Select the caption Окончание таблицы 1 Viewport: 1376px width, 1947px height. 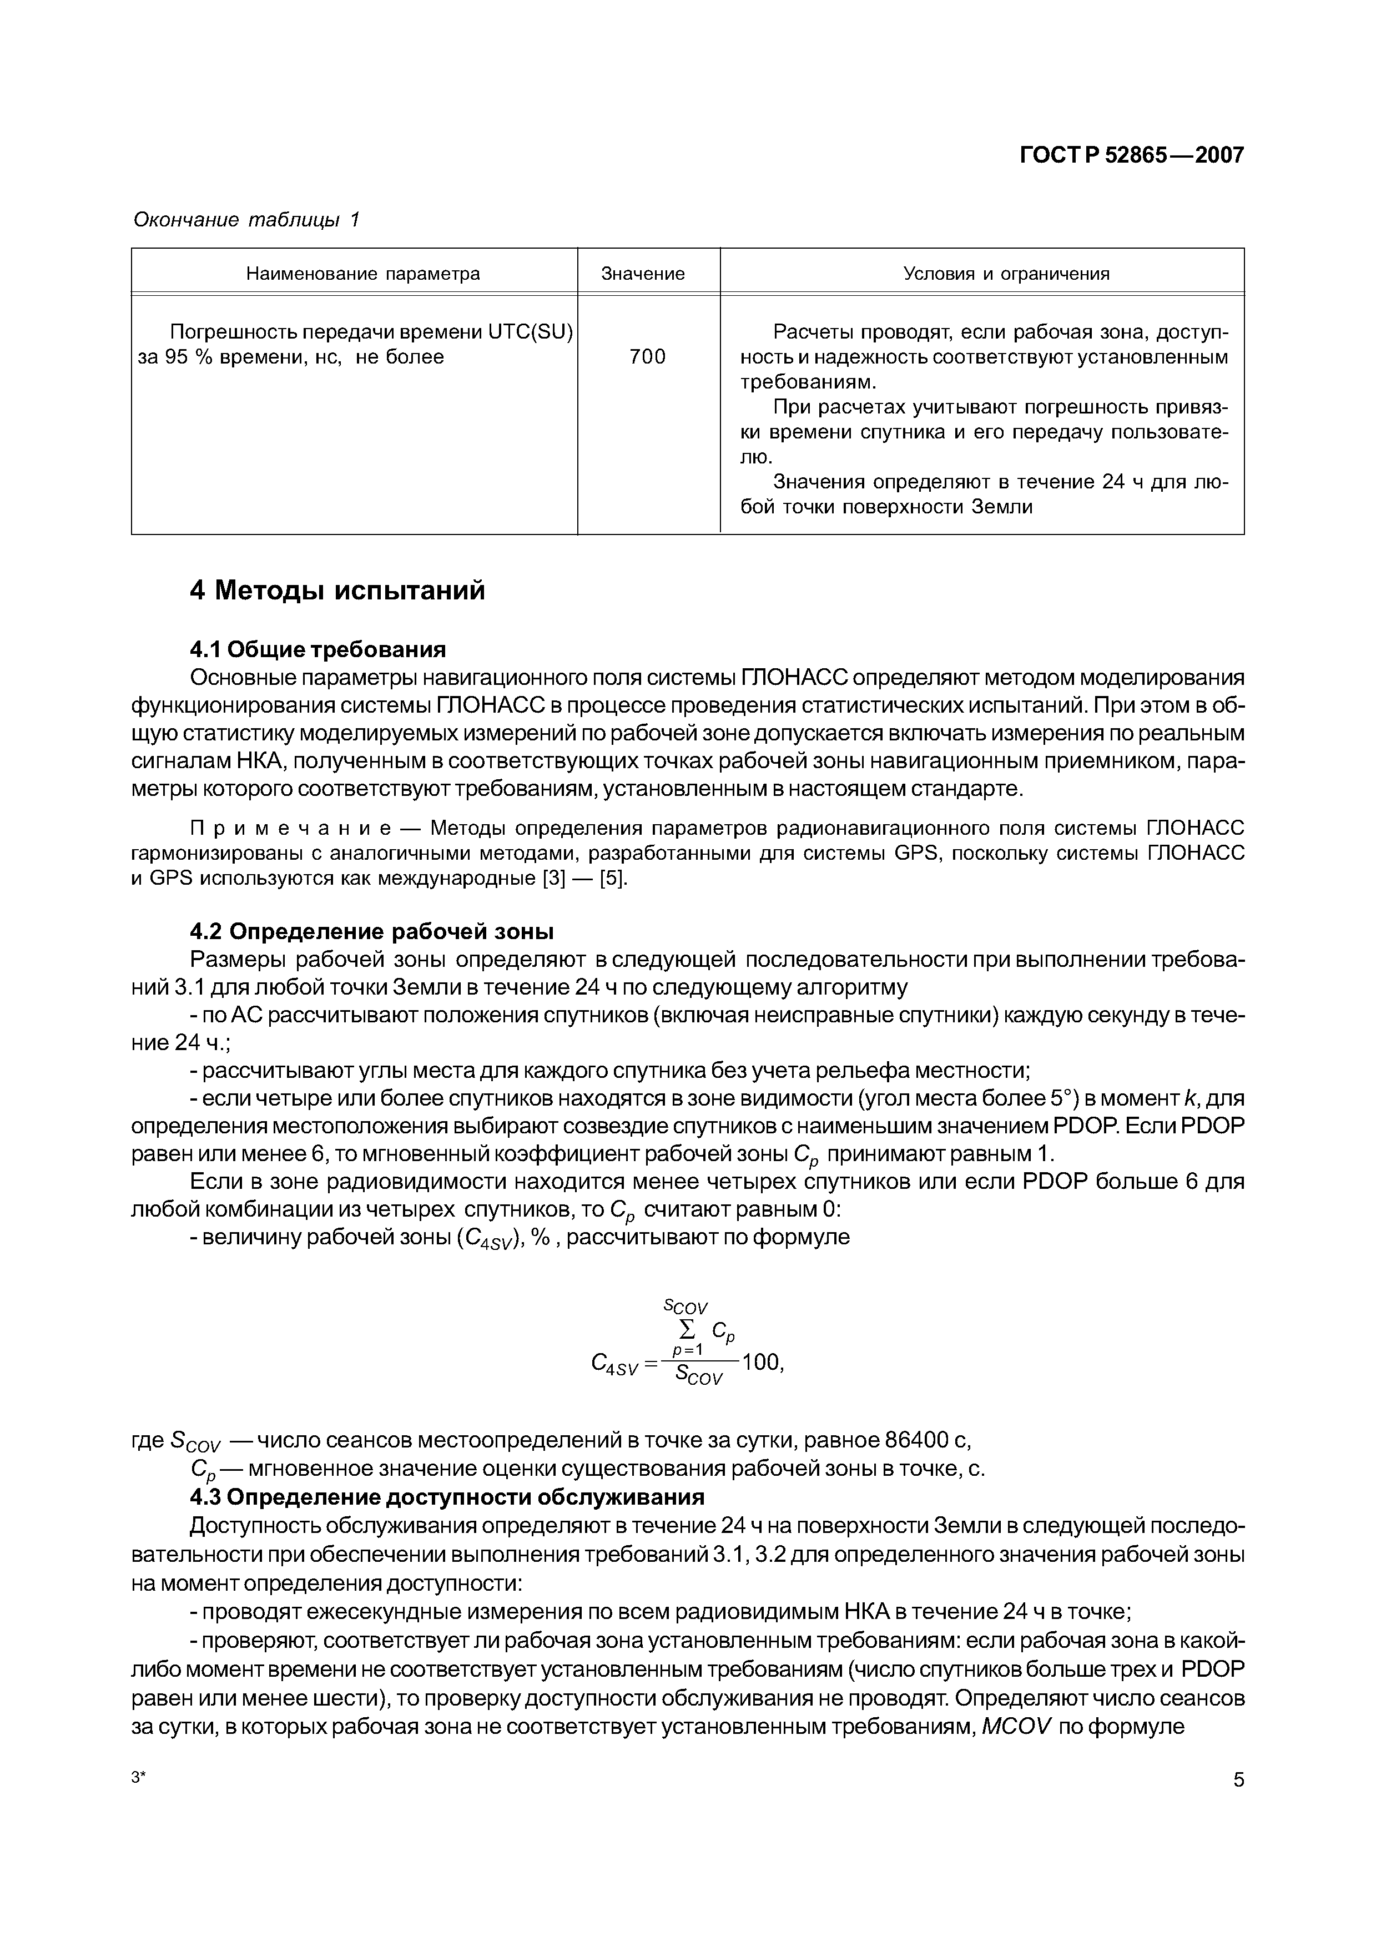[246, 220]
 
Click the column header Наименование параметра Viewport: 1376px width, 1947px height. [363, 274]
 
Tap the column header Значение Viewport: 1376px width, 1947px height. [643, 274]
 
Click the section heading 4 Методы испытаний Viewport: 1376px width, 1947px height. [337, 590]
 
